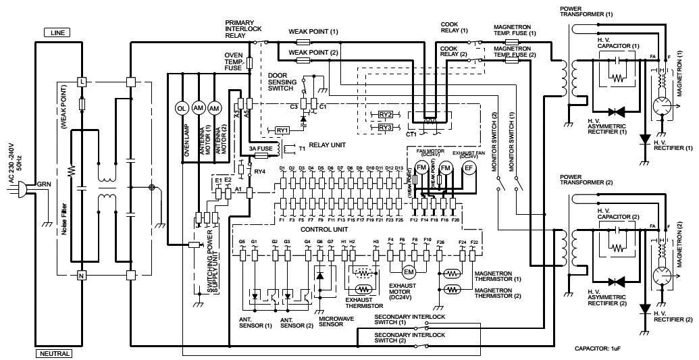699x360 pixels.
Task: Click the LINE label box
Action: point(57,32)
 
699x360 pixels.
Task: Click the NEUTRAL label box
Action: point(54,353)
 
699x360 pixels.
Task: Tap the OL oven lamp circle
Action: point(181,108)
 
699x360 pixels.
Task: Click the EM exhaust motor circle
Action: point(408,272)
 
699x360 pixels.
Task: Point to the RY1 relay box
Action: point(282,129)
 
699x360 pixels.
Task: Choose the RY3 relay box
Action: point(386,127)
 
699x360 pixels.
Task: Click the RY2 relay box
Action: point(386,115)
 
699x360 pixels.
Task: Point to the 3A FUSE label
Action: point(261,148)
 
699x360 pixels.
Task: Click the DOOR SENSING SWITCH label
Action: point(281,82)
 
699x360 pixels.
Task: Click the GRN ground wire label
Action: point(44,183)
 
